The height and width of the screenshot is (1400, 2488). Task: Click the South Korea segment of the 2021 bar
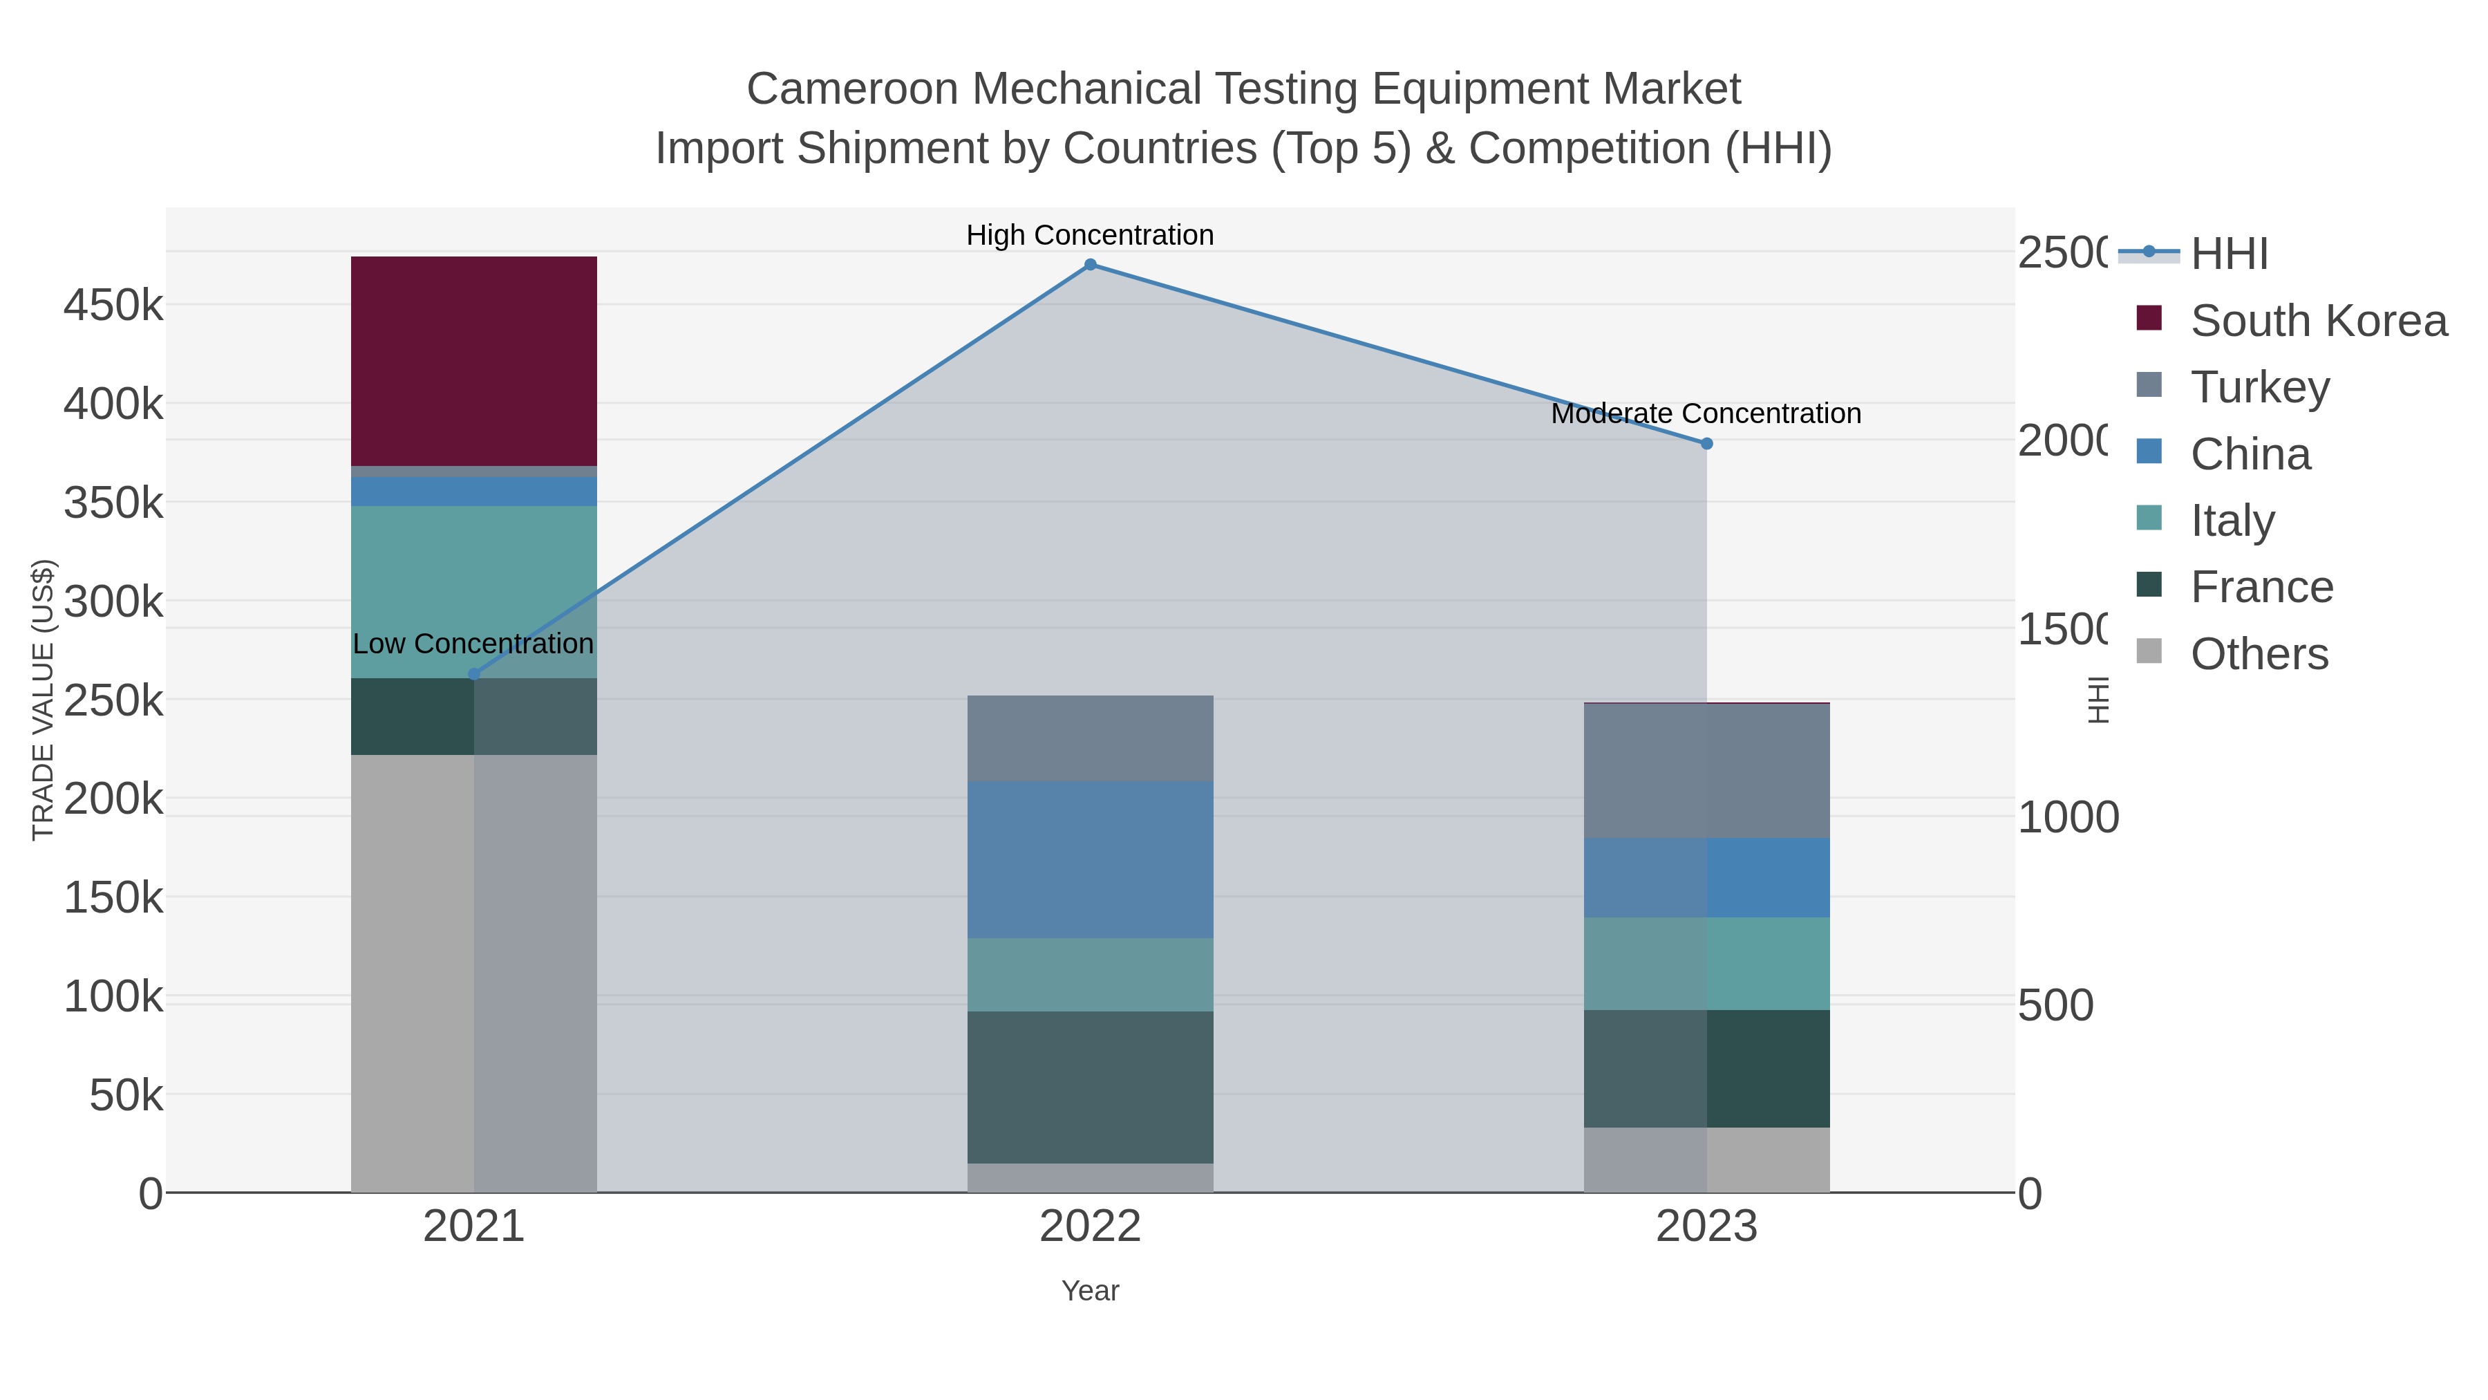(473, 362)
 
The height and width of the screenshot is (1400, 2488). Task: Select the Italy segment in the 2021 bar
(473, 570)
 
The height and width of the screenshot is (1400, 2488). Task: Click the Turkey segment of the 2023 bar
(1706, 771)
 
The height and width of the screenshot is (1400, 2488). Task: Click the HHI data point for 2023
(1706, 443)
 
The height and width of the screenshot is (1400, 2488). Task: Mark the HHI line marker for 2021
(473, 674)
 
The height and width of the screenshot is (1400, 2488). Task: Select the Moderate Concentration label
(1706, 413)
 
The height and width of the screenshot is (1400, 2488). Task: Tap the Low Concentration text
(473, 644)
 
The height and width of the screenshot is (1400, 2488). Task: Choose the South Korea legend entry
(2318, 321)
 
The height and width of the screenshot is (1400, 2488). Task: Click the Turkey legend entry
(2259, 387)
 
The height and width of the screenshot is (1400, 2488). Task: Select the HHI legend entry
(2228, 254)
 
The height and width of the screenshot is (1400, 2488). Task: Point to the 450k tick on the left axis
(113, 306)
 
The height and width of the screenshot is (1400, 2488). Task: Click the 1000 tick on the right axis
(2068, 817)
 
